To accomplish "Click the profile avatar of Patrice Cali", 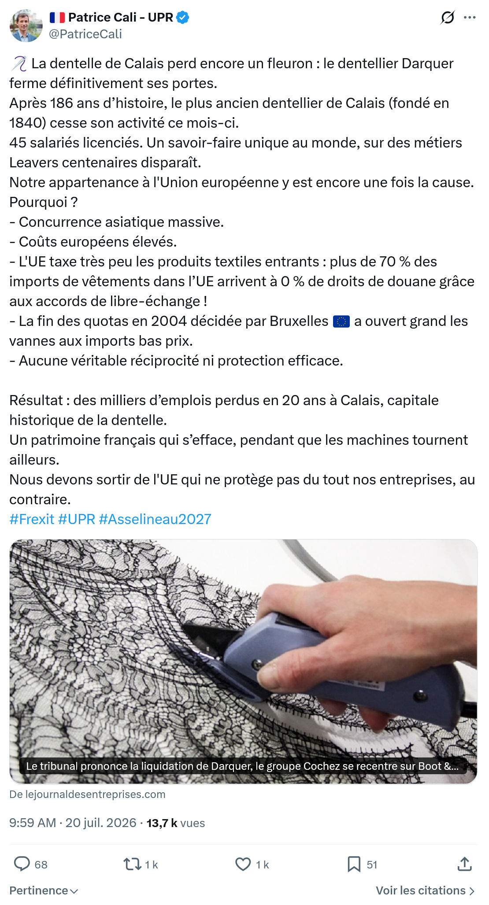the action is pos(26,26).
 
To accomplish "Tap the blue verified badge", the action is pos(183,17).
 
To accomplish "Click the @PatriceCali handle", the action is pos(85,34).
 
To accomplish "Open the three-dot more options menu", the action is pos(470,18).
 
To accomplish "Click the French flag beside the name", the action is pos(57,17).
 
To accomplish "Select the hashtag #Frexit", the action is pos(32,519).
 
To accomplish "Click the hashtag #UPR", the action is pos(77,519).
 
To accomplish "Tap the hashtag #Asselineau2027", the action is pos(155,519).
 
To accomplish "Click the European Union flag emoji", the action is pos(341,321).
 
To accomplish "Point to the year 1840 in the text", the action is pos(28,123).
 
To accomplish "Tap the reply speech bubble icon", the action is pos(22,864).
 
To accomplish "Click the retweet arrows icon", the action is pos(132,864).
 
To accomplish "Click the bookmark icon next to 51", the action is pos(354,864).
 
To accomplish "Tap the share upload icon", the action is pos(464,864).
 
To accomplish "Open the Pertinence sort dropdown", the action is pos(44,890).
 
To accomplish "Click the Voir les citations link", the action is pos(426,890).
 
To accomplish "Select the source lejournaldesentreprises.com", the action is pos(87,794).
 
